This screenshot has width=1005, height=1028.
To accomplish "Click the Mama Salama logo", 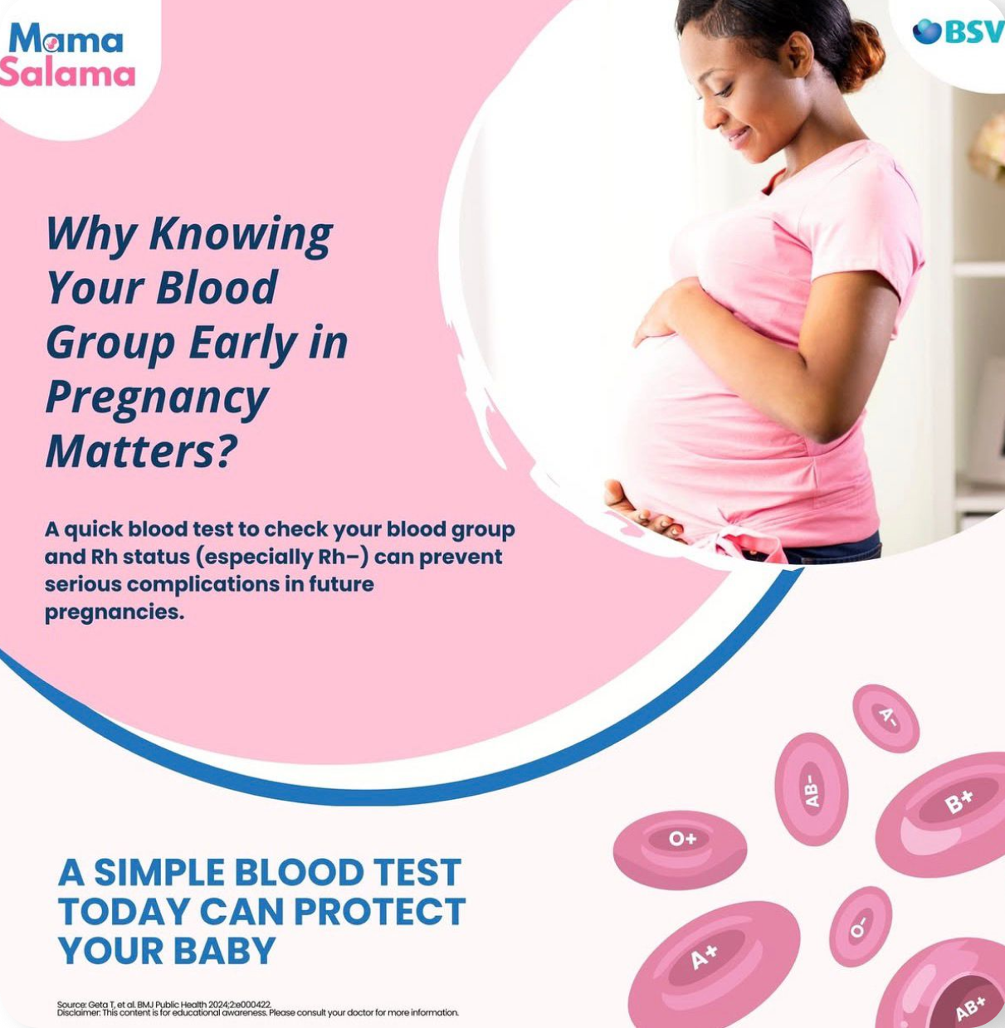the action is pos(66,55).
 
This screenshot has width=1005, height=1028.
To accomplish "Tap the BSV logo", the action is pos(959,32).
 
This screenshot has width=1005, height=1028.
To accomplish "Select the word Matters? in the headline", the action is pos(140,451).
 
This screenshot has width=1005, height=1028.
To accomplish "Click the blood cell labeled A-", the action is pos(886,718).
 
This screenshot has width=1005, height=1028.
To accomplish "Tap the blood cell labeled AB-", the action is pos(811,789).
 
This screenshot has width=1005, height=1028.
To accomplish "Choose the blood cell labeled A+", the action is pos(715,965).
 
